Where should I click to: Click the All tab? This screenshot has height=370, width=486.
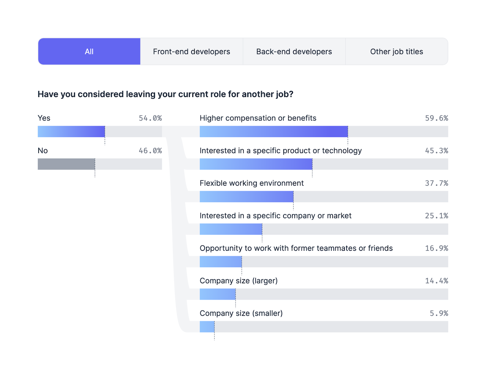[89, 52]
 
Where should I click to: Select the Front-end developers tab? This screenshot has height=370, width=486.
[191, 52]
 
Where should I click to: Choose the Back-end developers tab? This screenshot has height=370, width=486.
[294, 52]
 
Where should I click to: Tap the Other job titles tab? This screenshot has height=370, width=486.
[396, 52]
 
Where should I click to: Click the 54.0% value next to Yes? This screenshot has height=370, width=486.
[150, 118]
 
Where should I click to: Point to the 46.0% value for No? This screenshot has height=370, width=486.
[150, 151]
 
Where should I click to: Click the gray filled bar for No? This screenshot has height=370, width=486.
[66, 164]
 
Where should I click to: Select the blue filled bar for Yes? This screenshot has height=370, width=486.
[71, 132]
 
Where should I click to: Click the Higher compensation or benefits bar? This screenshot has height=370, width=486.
[274, 132]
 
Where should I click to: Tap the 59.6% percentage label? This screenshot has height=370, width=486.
[436, 118]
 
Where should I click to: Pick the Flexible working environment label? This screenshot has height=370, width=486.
[252, 183]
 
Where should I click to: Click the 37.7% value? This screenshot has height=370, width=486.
[436, 183]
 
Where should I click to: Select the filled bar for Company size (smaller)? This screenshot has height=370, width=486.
[207, 327]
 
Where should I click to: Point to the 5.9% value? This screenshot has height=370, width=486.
[439, 313]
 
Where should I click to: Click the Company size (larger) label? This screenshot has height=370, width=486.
[238, 281]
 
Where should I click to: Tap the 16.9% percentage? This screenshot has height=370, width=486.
[436, 248]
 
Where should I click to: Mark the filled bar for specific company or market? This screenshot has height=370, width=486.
[231, 229]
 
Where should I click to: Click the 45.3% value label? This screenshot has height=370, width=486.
[436, 151]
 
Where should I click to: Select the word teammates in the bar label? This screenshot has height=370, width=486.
[337, 248]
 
